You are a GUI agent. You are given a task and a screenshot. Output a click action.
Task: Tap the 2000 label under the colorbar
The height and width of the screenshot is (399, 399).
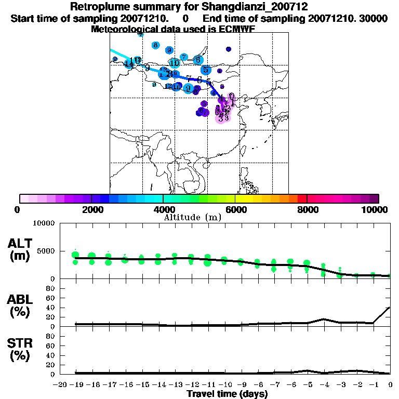click(x=91, y=210)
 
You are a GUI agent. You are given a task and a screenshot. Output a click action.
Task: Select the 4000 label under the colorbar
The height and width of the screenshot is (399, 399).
click(x=163, y=210)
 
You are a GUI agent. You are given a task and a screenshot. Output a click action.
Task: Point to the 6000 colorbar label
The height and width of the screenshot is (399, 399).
click(x=235, y=210)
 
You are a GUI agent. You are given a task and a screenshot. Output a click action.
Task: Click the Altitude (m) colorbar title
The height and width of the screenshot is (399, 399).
click(x=192, y=217)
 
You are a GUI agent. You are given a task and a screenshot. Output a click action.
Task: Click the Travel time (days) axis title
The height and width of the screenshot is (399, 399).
click(x=227, y=394)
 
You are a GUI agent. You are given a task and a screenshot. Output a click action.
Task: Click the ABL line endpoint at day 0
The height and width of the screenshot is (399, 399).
click(x=390, y=307)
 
